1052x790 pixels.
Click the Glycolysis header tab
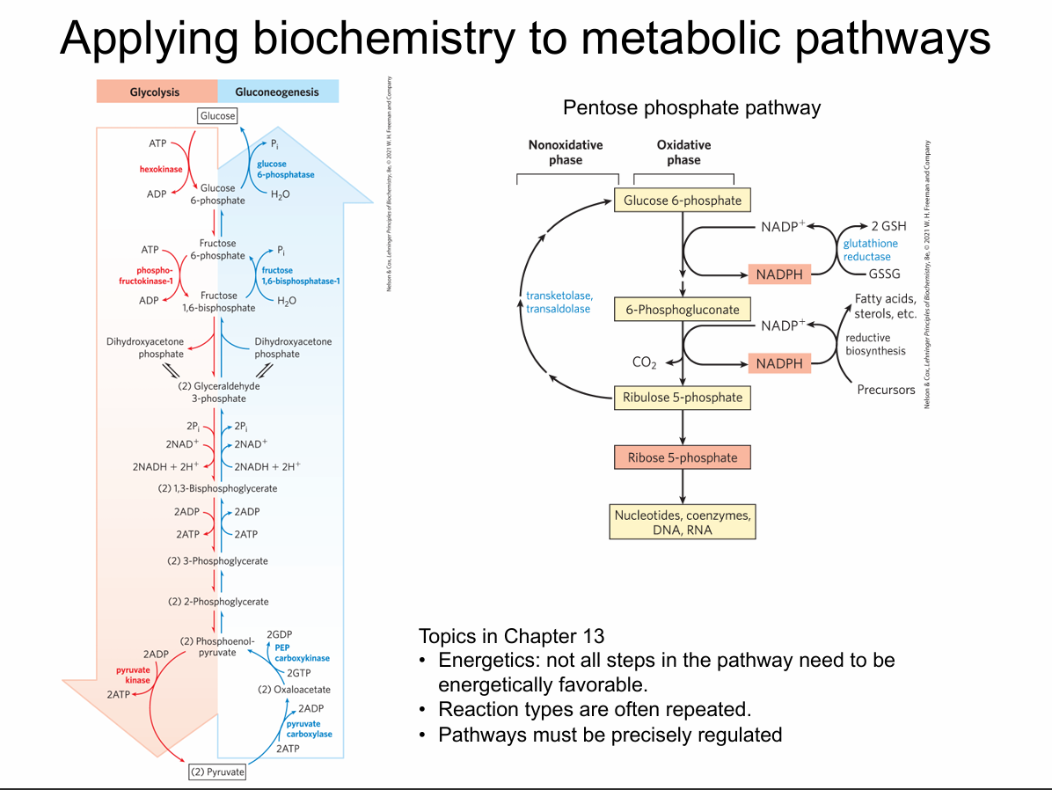[155, 91]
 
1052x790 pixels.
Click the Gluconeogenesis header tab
[277, 91]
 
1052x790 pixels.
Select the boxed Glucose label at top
[217, 116]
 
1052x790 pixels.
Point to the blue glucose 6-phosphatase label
[285, 169]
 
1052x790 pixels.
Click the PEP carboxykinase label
[302, 652]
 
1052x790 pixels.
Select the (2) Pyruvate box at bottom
[217, 772]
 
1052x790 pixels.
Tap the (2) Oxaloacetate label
[294, 690]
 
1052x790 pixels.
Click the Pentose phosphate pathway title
[691, 108]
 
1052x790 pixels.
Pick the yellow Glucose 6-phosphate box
[683, 201]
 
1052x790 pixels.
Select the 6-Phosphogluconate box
[683, 310]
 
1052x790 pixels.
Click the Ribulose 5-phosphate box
[683, 398]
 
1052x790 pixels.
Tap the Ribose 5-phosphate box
[683, 458]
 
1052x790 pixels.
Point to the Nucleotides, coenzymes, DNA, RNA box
[683, 522]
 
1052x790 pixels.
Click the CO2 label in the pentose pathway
[645, 362]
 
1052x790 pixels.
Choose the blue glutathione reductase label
[871, 250]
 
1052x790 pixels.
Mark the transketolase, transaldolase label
[559, 302]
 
